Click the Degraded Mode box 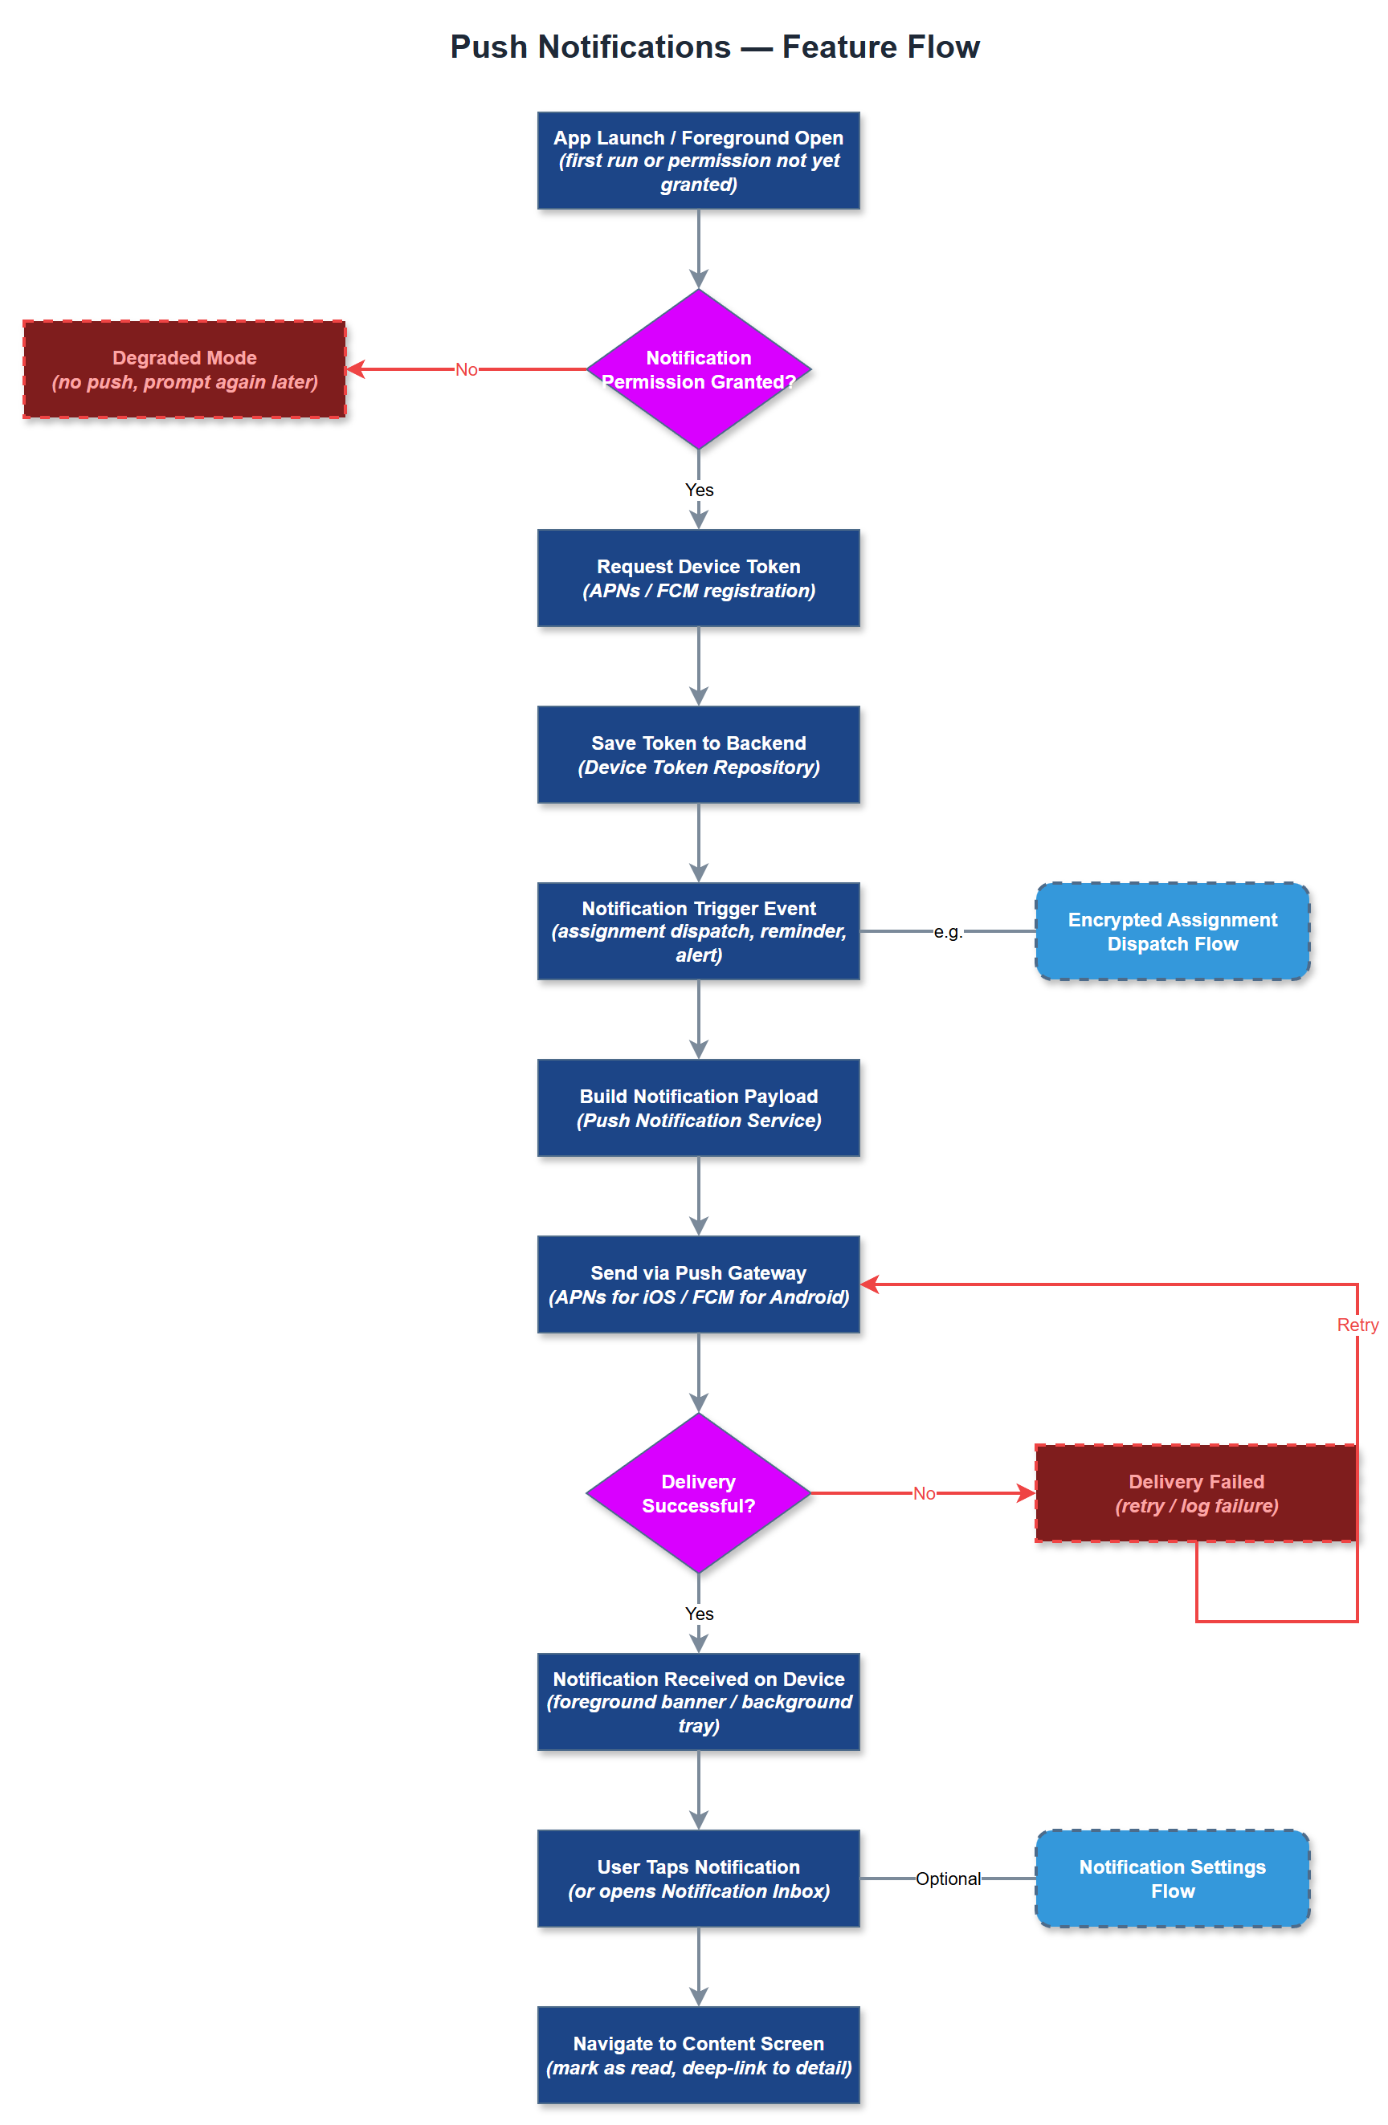coord(184,368)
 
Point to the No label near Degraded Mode coord(465,369)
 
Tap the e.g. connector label coord(947,931)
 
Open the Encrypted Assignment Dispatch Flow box coord(1172,931)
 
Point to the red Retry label coord(1356,1324)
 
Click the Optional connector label coord(947,1878)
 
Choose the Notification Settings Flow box coord(1172,1878)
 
